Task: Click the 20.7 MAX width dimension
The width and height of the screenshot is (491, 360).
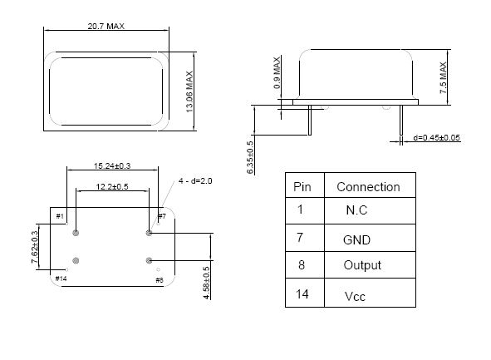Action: tap(106, 26)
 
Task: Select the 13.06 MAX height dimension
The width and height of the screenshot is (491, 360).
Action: tap(189, 91)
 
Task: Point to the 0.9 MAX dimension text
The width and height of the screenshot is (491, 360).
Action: tap(277, 72)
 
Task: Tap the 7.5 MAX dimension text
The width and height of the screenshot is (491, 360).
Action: tap(443, 77)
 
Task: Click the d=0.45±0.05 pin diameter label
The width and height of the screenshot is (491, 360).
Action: tap(436, 137)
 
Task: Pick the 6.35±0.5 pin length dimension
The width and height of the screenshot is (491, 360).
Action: tap(250, 157)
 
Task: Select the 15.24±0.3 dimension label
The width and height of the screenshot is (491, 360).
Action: tap(112, 165)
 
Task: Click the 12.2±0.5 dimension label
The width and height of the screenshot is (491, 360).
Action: tap(112, 187)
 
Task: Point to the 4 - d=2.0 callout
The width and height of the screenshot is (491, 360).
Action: tap(195, 180)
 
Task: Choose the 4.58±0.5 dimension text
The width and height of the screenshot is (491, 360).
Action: tap(206, 283)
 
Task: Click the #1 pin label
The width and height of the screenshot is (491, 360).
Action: tap(60, 216)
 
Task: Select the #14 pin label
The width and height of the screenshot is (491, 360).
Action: tap(61, 279)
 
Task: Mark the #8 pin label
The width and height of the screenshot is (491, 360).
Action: tap(160, 280)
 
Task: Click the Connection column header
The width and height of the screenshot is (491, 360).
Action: tap(368, 187)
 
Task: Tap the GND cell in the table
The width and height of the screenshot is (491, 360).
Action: tap(356, 240)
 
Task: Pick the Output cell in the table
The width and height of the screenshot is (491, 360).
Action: tap(362, 265)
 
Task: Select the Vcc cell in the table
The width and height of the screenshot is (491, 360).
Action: tap(355, 296)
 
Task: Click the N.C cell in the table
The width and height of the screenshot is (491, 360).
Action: tap(356, 210)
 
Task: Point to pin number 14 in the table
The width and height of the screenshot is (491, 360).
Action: tap(302, 293)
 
